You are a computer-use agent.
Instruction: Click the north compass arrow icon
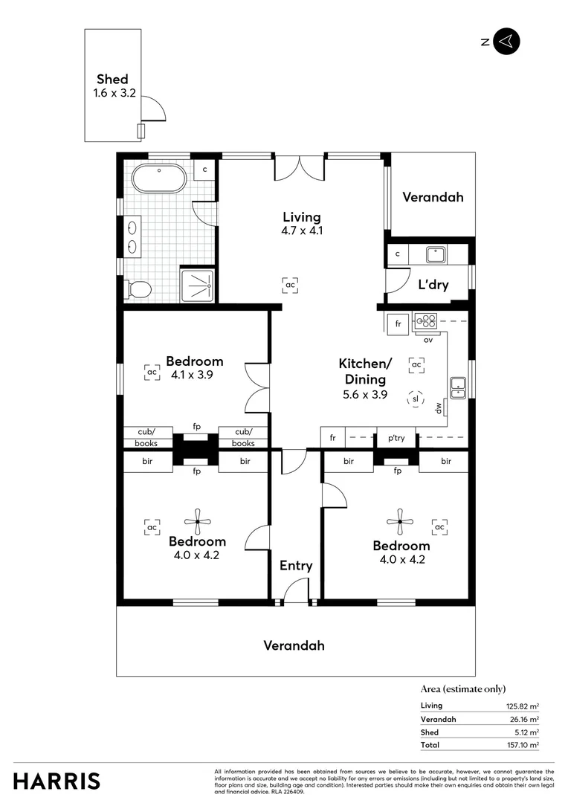coord(506,42)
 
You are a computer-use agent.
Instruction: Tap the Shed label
coord(112,80)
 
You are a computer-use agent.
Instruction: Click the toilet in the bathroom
coord(138,288)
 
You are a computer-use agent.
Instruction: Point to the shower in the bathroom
coord(199,286)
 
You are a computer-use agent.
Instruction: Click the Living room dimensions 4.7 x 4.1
coord(301,230)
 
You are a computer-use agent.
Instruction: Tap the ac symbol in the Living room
coord(291,284)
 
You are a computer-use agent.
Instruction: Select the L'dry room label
coord(433,284)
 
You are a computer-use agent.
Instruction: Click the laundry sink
coord(435,255)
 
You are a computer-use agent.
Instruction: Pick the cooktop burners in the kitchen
coord(426,322)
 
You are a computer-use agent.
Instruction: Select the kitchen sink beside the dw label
coord(457,387)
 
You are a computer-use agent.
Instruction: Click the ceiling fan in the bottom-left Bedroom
coord(198,521)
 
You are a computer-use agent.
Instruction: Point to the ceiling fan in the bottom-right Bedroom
coord(400,521)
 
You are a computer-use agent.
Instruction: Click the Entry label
coord(296,566)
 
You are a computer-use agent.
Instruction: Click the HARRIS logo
coord(57,781)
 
